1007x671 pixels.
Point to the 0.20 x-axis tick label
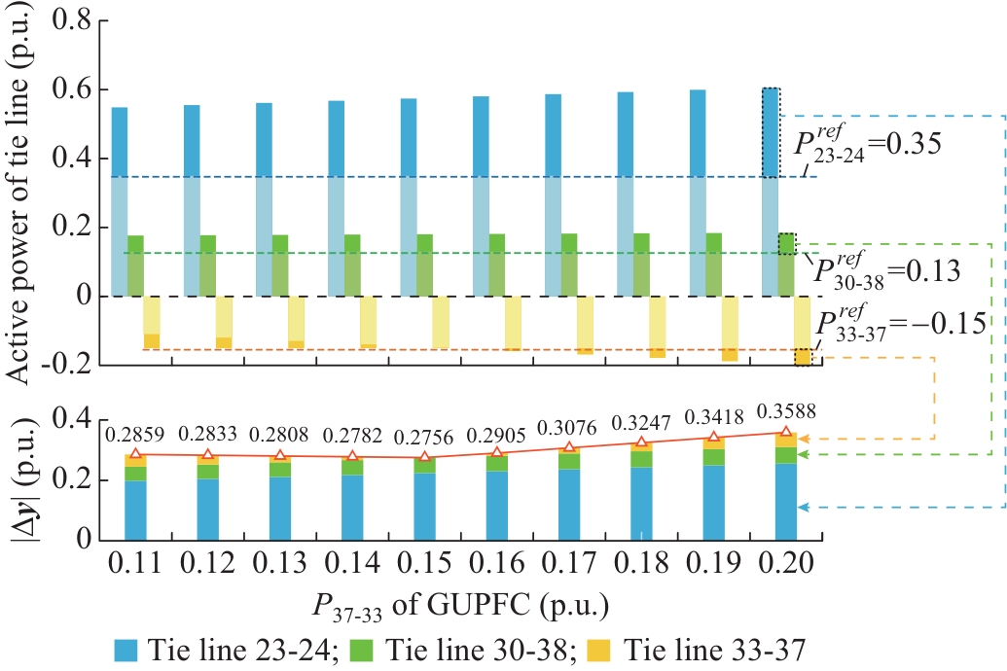(x=784, y=564)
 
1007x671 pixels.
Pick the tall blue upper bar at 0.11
(x=120, y=200)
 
